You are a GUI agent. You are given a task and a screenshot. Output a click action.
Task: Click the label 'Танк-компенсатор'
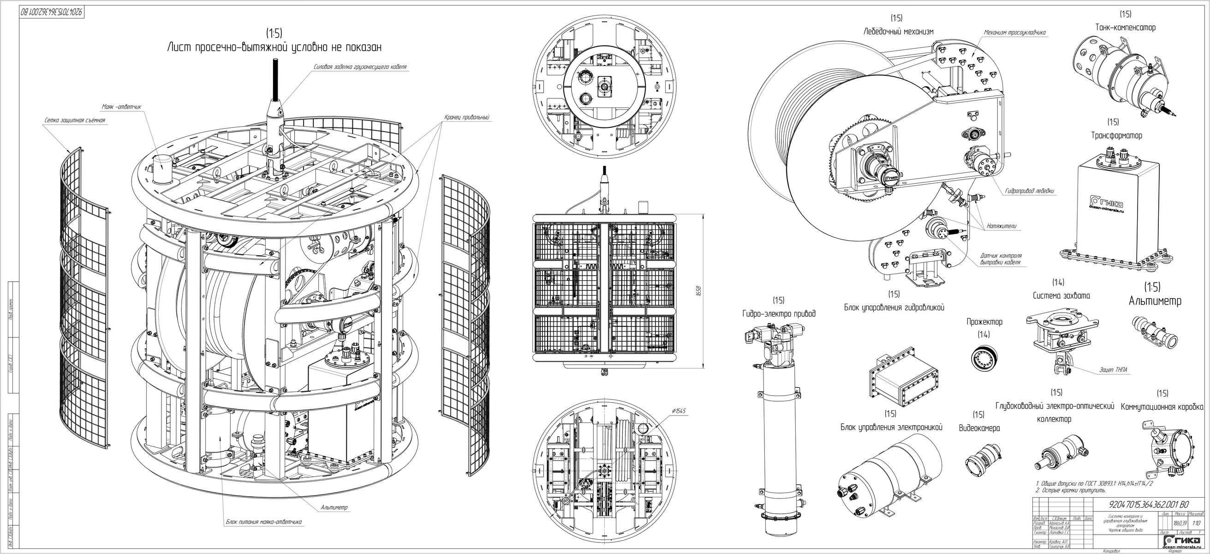pos(1125,28)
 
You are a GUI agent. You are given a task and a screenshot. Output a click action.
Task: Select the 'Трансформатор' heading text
pos(1113,136)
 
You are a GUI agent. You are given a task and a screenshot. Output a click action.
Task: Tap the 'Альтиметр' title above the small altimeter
pos(1155,301)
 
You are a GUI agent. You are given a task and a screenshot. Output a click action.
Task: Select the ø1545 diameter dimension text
pos(679,411)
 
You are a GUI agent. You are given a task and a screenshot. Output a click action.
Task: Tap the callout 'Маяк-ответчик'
pos(121,107)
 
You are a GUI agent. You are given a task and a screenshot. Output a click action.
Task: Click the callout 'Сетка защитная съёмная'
pos(75,120)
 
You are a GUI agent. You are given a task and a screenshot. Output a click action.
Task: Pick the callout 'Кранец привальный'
pos(467,117)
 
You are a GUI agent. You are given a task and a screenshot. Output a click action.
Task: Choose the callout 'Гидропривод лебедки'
pos(1029,192)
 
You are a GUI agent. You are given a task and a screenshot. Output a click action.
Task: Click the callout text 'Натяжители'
pos(1001,226)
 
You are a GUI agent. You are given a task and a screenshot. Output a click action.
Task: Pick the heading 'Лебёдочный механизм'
pos(898,31)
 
